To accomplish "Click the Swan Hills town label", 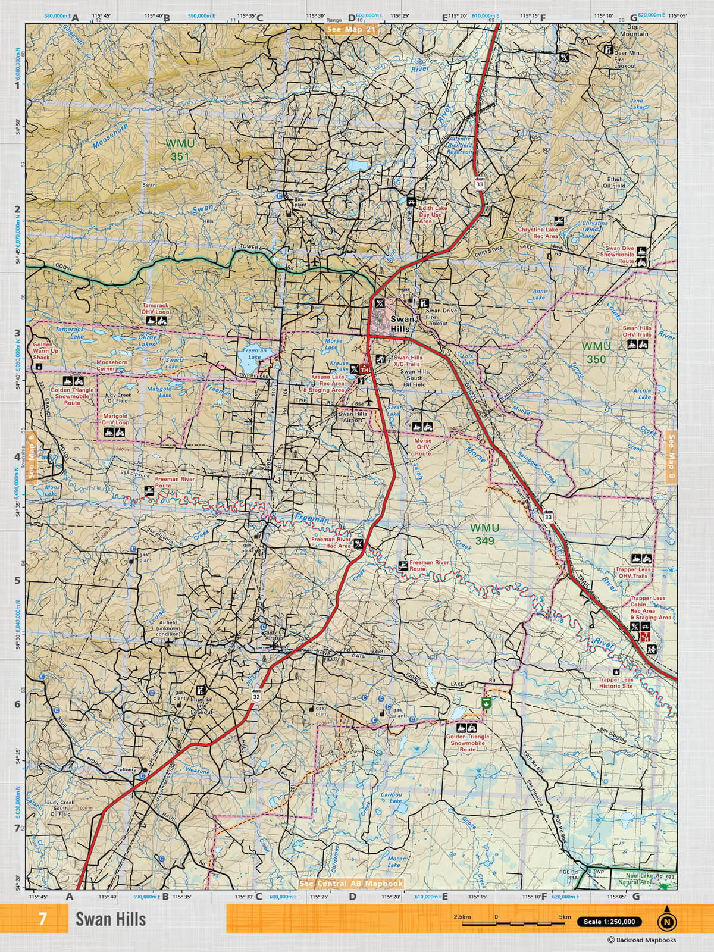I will point(403,325).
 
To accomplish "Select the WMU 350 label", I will point(596,353).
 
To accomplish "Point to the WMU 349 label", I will point(485,534).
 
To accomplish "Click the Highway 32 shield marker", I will point(256,696).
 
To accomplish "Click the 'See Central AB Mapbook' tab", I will point(352,884).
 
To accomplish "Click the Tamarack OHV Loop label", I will point(155,308).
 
